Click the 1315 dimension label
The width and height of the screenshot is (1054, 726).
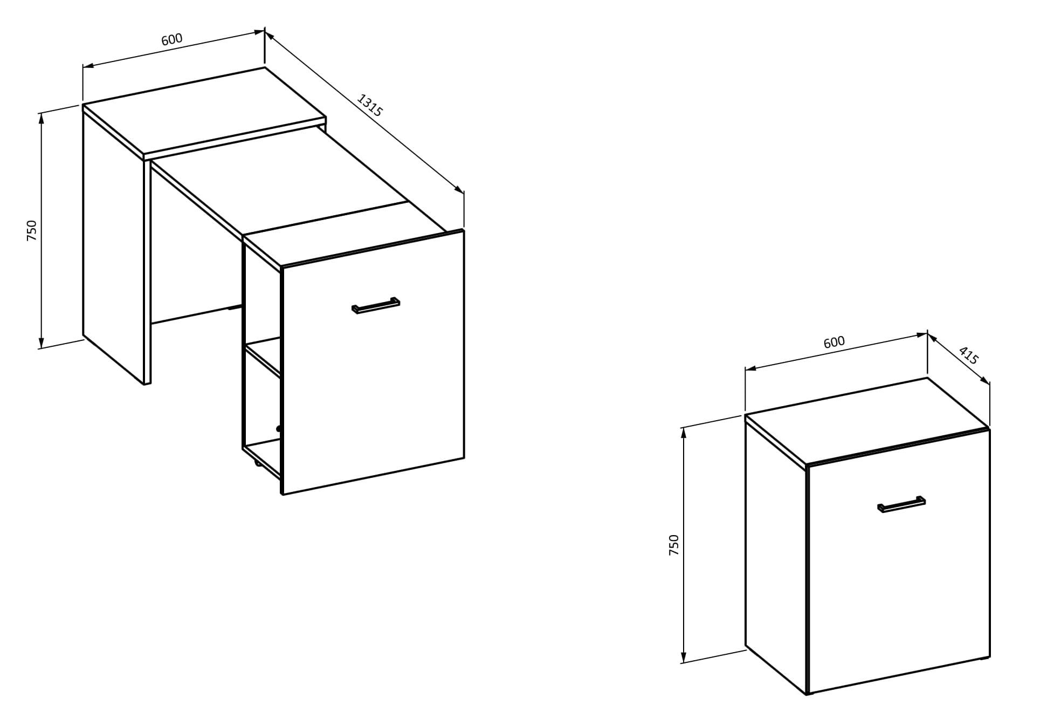pyautogui.click(x=370, y=106)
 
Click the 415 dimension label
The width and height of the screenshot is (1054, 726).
pyautogui.click(x=968, y=355)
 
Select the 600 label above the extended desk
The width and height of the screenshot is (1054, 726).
pyautogui.click(x=172, y=39)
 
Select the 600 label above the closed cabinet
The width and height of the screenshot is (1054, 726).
pyautogui.click(x=834, y=342)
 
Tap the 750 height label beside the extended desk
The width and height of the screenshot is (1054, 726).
pyautogui.click(x=32, y=230)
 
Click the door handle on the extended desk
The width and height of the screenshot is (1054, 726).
pyautogui.click(x=376, y=305)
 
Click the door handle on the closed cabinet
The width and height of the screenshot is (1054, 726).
pyautogui.click(x=901, y=504)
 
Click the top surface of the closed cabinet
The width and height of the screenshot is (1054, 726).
pyautogui.click(x=867, y=421)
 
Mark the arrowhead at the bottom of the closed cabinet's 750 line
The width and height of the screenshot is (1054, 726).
pyautogui.click(x=684, y=657)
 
